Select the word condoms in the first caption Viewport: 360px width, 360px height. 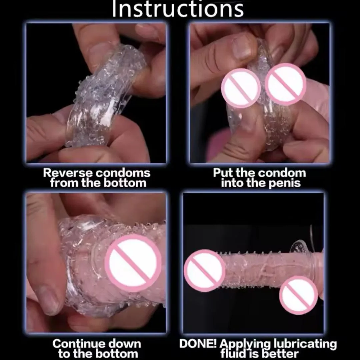click(x=123, y=173)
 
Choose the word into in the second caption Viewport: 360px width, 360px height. click(x=232, y=183)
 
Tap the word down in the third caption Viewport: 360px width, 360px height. click(x=124, y=344)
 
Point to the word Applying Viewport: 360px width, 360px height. click(x=245, y=344)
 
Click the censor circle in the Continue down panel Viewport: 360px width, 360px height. click(x=133, y=263)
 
